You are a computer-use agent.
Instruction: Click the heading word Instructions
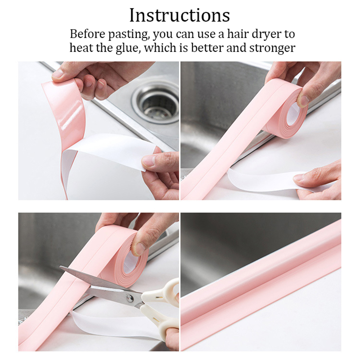(x=180, y=15)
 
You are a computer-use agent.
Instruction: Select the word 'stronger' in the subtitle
(x=272, y=49)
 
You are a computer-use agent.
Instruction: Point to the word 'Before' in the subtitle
(x=88, y=34)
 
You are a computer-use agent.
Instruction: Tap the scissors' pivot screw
(x=130, y=298)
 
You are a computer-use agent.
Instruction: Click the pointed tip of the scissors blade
(x=60, y=267)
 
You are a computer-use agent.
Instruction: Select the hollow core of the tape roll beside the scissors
(x=130, y=262)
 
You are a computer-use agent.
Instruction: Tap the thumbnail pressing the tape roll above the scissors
(x=139, y=249)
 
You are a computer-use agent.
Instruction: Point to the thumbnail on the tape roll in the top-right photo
(x=303, y=100)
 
